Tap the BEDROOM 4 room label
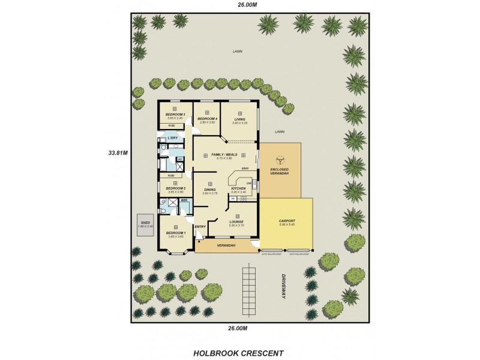(x=207, y=119)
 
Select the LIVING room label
(x=240, y=119)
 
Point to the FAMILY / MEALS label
(x=225, y=155)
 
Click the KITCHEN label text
(x=238, y=188)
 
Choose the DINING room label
(x=209, y=189)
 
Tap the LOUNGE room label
(x=236, y=221)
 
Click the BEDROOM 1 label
(x=176, y=232)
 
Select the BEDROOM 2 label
(x=175, y=188)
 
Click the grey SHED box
(x=146, y=224)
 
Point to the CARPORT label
(x=287, y=221)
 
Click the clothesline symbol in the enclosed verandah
(x=280, y=160)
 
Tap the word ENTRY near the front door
(x=200, y=226)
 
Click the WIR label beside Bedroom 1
(x=184, y=199)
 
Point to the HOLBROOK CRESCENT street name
(x=238, y=353)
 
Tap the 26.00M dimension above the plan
(x=247, y=4)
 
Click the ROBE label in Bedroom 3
(x=172, y=126)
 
